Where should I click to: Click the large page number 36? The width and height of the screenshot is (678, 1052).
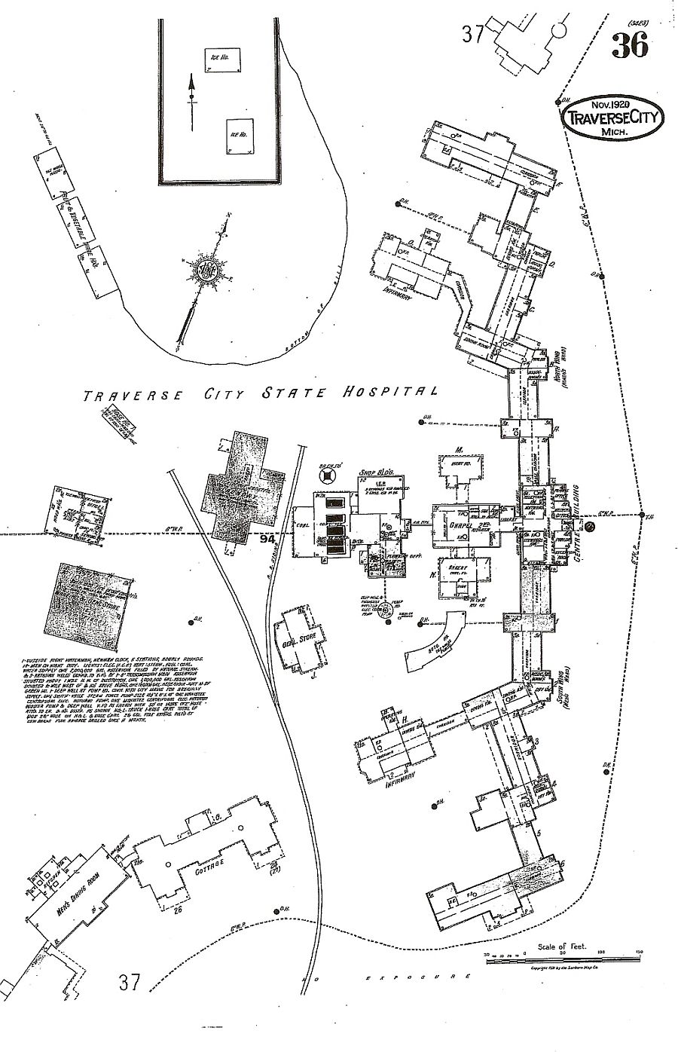630,46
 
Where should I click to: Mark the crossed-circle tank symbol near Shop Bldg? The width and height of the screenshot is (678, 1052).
328,476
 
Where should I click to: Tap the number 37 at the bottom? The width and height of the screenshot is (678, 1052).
130,982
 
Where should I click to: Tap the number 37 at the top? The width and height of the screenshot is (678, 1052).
473,33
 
